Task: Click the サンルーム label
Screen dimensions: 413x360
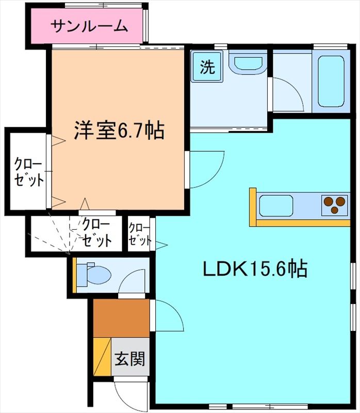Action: (x=89, y=25)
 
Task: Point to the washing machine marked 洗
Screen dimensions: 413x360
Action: (x=207, y=68)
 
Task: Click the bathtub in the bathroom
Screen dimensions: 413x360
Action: (x=331, y=81)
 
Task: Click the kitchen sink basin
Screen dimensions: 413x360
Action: (x=276, y=205)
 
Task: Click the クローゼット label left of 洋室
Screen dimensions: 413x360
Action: (x=28, y=172)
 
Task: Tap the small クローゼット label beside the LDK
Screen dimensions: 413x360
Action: (x=140, y=234)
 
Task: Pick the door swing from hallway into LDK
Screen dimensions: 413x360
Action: (x=168, y=315)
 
